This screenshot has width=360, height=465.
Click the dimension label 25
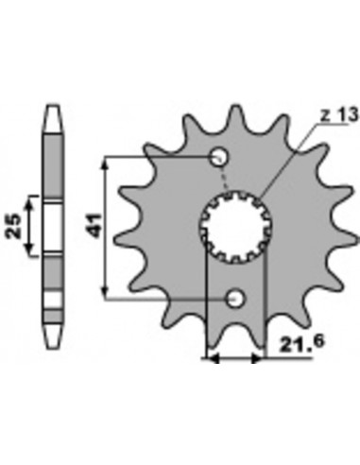pyautogui.click(x=14, y=226)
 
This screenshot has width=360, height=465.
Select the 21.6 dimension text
pyautogui.click(x=301, y=344)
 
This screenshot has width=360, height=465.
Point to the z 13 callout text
pyautogui.click(x=339, y=115)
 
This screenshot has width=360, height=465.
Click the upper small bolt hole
pyautogui.click(x=219, y=157)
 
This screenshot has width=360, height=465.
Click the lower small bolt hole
pyautogui.click(x=235, y=298)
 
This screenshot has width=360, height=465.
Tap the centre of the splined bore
pyautogui.click(x=235, y=227)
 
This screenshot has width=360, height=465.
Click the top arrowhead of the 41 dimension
pyautogui.click(x=107, y=164)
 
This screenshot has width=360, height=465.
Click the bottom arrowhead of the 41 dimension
pyautogui.click(x=107, y=291)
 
